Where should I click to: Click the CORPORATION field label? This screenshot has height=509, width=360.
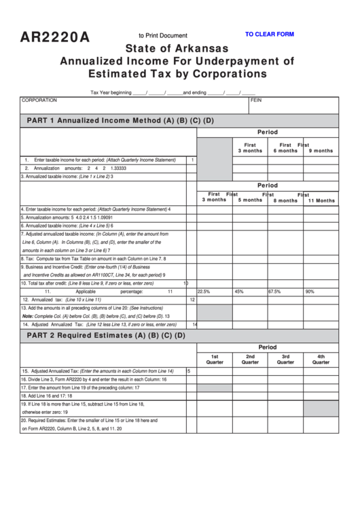[39, 100]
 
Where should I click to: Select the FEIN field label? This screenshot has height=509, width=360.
[256, 100]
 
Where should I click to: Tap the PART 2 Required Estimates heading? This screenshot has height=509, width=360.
[105, 335]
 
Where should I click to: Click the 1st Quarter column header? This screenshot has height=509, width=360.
[215, 359]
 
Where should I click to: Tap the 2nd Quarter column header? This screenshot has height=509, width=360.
[250, 359]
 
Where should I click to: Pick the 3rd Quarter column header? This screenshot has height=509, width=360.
[285, 359]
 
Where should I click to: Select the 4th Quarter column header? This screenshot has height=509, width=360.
[321, 359]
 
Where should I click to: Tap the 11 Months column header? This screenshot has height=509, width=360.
[321, 200]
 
